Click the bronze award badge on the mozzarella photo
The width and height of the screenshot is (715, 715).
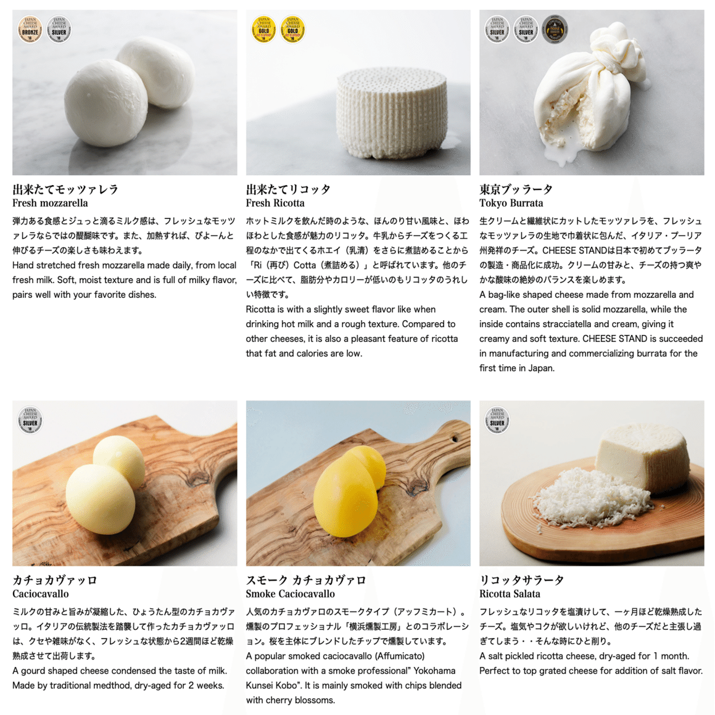30,29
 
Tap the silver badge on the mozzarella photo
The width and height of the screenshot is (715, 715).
59,29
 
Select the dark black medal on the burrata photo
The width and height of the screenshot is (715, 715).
555,29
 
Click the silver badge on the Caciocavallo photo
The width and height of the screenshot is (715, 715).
30,420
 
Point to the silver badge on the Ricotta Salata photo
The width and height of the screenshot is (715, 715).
497,420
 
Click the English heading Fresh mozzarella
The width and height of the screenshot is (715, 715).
50,203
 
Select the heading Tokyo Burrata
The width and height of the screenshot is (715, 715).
511,203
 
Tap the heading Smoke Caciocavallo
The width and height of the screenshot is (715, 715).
290,594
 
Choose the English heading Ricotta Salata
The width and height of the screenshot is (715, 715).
510,594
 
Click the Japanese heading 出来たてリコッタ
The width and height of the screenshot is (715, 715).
288,189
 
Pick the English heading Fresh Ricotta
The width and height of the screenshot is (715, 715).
275,203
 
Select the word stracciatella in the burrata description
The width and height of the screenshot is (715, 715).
567,324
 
